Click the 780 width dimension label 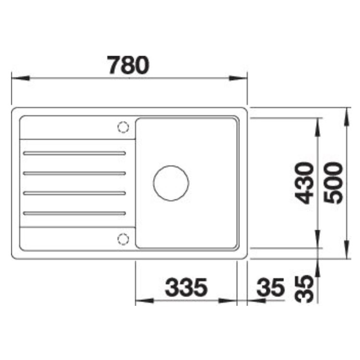128,65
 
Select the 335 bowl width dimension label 186,287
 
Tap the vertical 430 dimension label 304,183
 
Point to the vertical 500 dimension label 333,183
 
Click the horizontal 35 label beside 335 270,287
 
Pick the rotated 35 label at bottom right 304,289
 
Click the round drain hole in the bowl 171,183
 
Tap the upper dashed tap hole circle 123,127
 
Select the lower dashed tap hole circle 123,239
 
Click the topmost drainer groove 74,153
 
